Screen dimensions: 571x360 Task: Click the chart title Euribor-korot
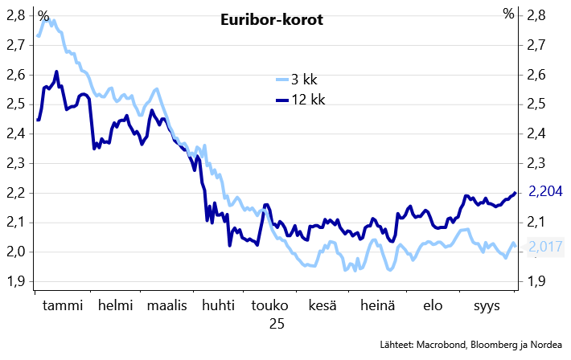point(272,19)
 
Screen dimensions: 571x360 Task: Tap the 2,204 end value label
point(545,191)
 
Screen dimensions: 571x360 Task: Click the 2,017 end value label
point(545,247)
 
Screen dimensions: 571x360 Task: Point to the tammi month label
point(63,305)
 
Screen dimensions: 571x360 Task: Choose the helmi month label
point(116,305)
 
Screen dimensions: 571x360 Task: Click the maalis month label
point(166,305)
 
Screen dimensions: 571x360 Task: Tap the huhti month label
point(218,305)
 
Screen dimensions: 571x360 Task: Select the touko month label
point(269,305)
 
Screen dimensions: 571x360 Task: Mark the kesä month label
point(322,305)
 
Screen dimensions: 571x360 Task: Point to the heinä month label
point(377,305)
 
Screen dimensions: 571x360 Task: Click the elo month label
point(433,305)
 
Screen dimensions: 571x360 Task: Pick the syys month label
point(487,306)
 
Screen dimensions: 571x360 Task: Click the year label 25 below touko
point(277,324)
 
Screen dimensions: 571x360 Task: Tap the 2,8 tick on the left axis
point(16,16)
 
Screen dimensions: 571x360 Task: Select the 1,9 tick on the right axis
point(536,281)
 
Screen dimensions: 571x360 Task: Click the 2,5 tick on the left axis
point(16,104)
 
